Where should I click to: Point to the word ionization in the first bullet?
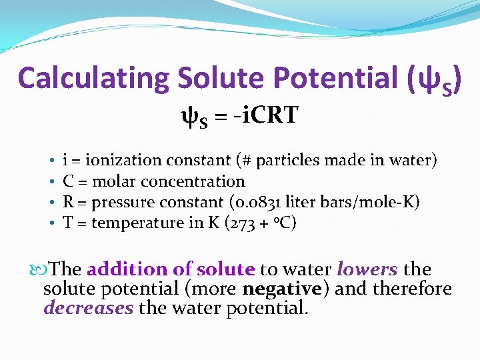click(124, 160)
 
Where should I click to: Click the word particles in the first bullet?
click(285, 161)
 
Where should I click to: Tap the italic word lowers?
click(367, 269)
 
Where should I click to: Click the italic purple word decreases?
click(88, 308)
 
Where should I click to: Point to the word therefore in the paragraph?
click(413, 289)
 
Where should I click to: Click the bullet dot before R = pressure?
click(51, 203)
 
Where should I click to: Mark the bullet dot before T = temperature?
click(51, 223)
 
